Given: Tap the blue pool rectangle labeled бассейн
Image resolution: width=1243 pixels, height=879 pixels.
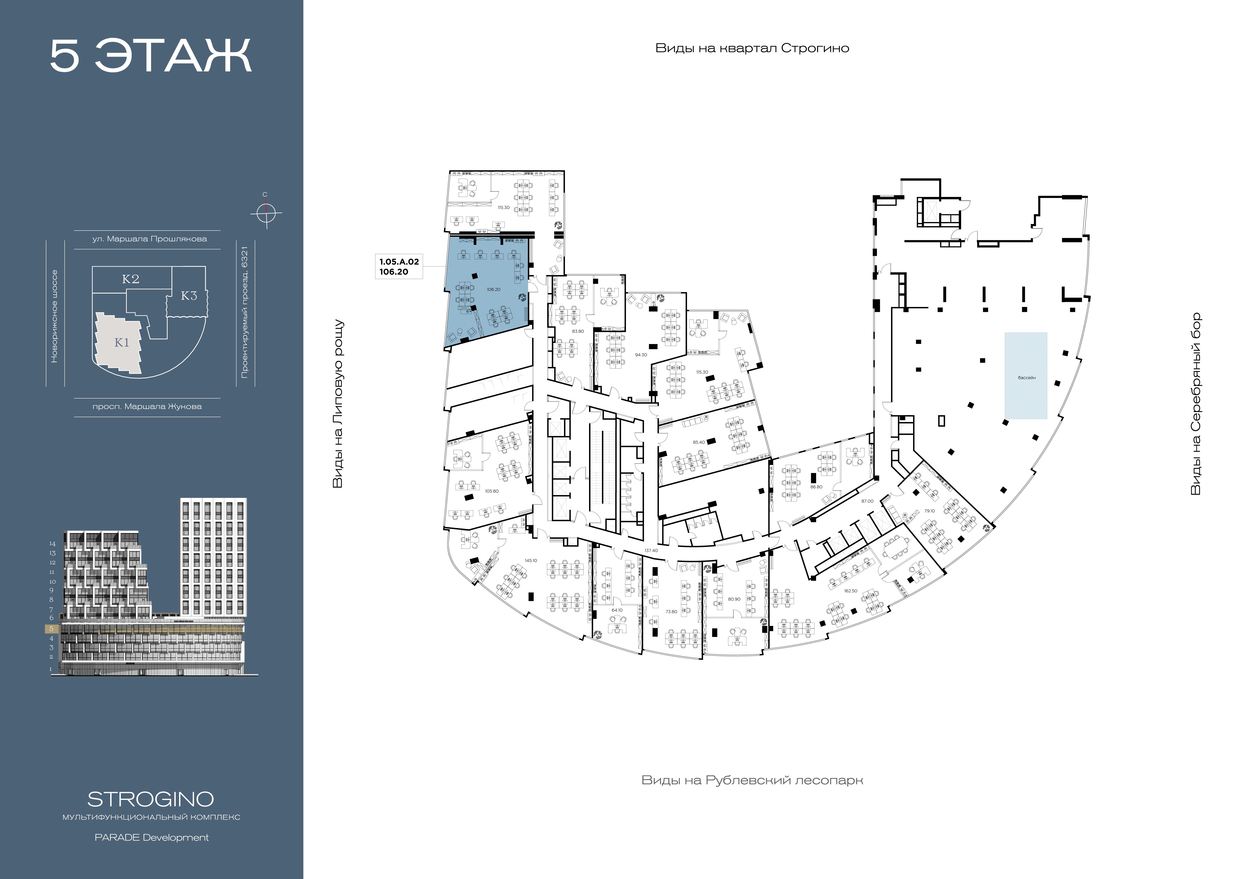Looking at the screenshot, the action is (1026, 376).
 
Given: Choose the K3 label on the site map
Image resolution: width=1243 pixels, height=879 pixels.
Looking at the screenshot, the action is (188, 295).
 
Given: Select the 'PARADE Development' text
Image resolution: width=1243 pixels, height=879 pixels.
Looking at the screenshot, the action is (152, 837).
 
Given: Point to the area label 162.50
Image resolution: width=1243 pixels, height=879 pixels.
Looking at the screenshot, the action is (850, 591).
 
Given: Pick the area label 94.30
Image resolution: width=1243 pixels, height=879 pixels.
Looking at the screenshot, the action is (641, 355).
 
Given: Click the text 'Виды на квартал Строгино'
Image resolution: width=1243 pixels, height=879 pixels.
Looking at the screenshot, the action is (752, 48).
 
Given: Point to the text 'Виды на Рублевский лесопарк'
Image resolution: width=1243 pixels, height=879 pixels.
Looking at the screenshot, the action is (752, 780).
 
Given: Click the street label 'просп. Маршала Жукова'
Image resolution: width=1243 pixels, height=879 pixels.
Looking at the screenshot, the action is (147, 406).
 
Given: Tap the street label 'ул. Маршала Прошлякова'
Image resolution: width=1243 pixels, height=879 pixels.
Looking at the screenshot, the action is (149, 239).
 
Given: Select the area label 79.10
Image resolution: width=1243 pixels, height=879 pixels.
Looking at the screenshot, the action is (929, 511).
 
